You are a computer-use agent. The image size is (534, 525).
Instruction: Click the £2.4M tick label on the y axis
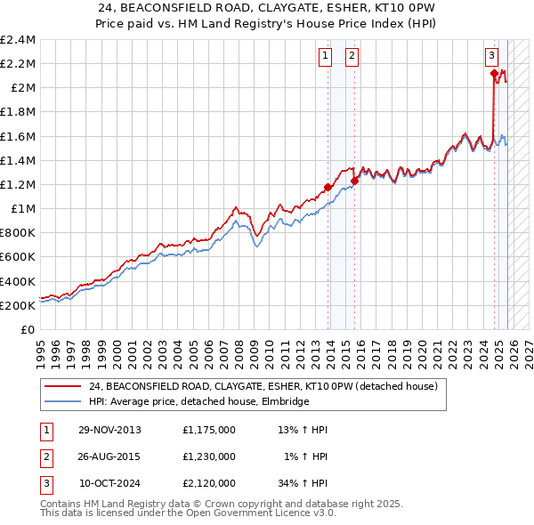pos(18,40)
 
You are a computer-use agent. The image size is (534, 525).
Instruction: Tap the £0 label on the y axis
pos(28,329)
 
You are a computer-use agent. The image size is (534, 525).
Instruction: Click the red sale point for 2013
pos(328,187)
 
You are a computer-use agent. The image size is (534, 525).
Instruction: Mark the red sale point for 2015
pos(354,181)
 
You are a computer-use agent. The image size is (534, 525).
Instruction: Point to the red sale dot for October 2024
pos(494,74)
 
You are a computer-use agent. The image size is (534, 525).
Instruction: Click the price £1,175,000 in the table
pos(208,430)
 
